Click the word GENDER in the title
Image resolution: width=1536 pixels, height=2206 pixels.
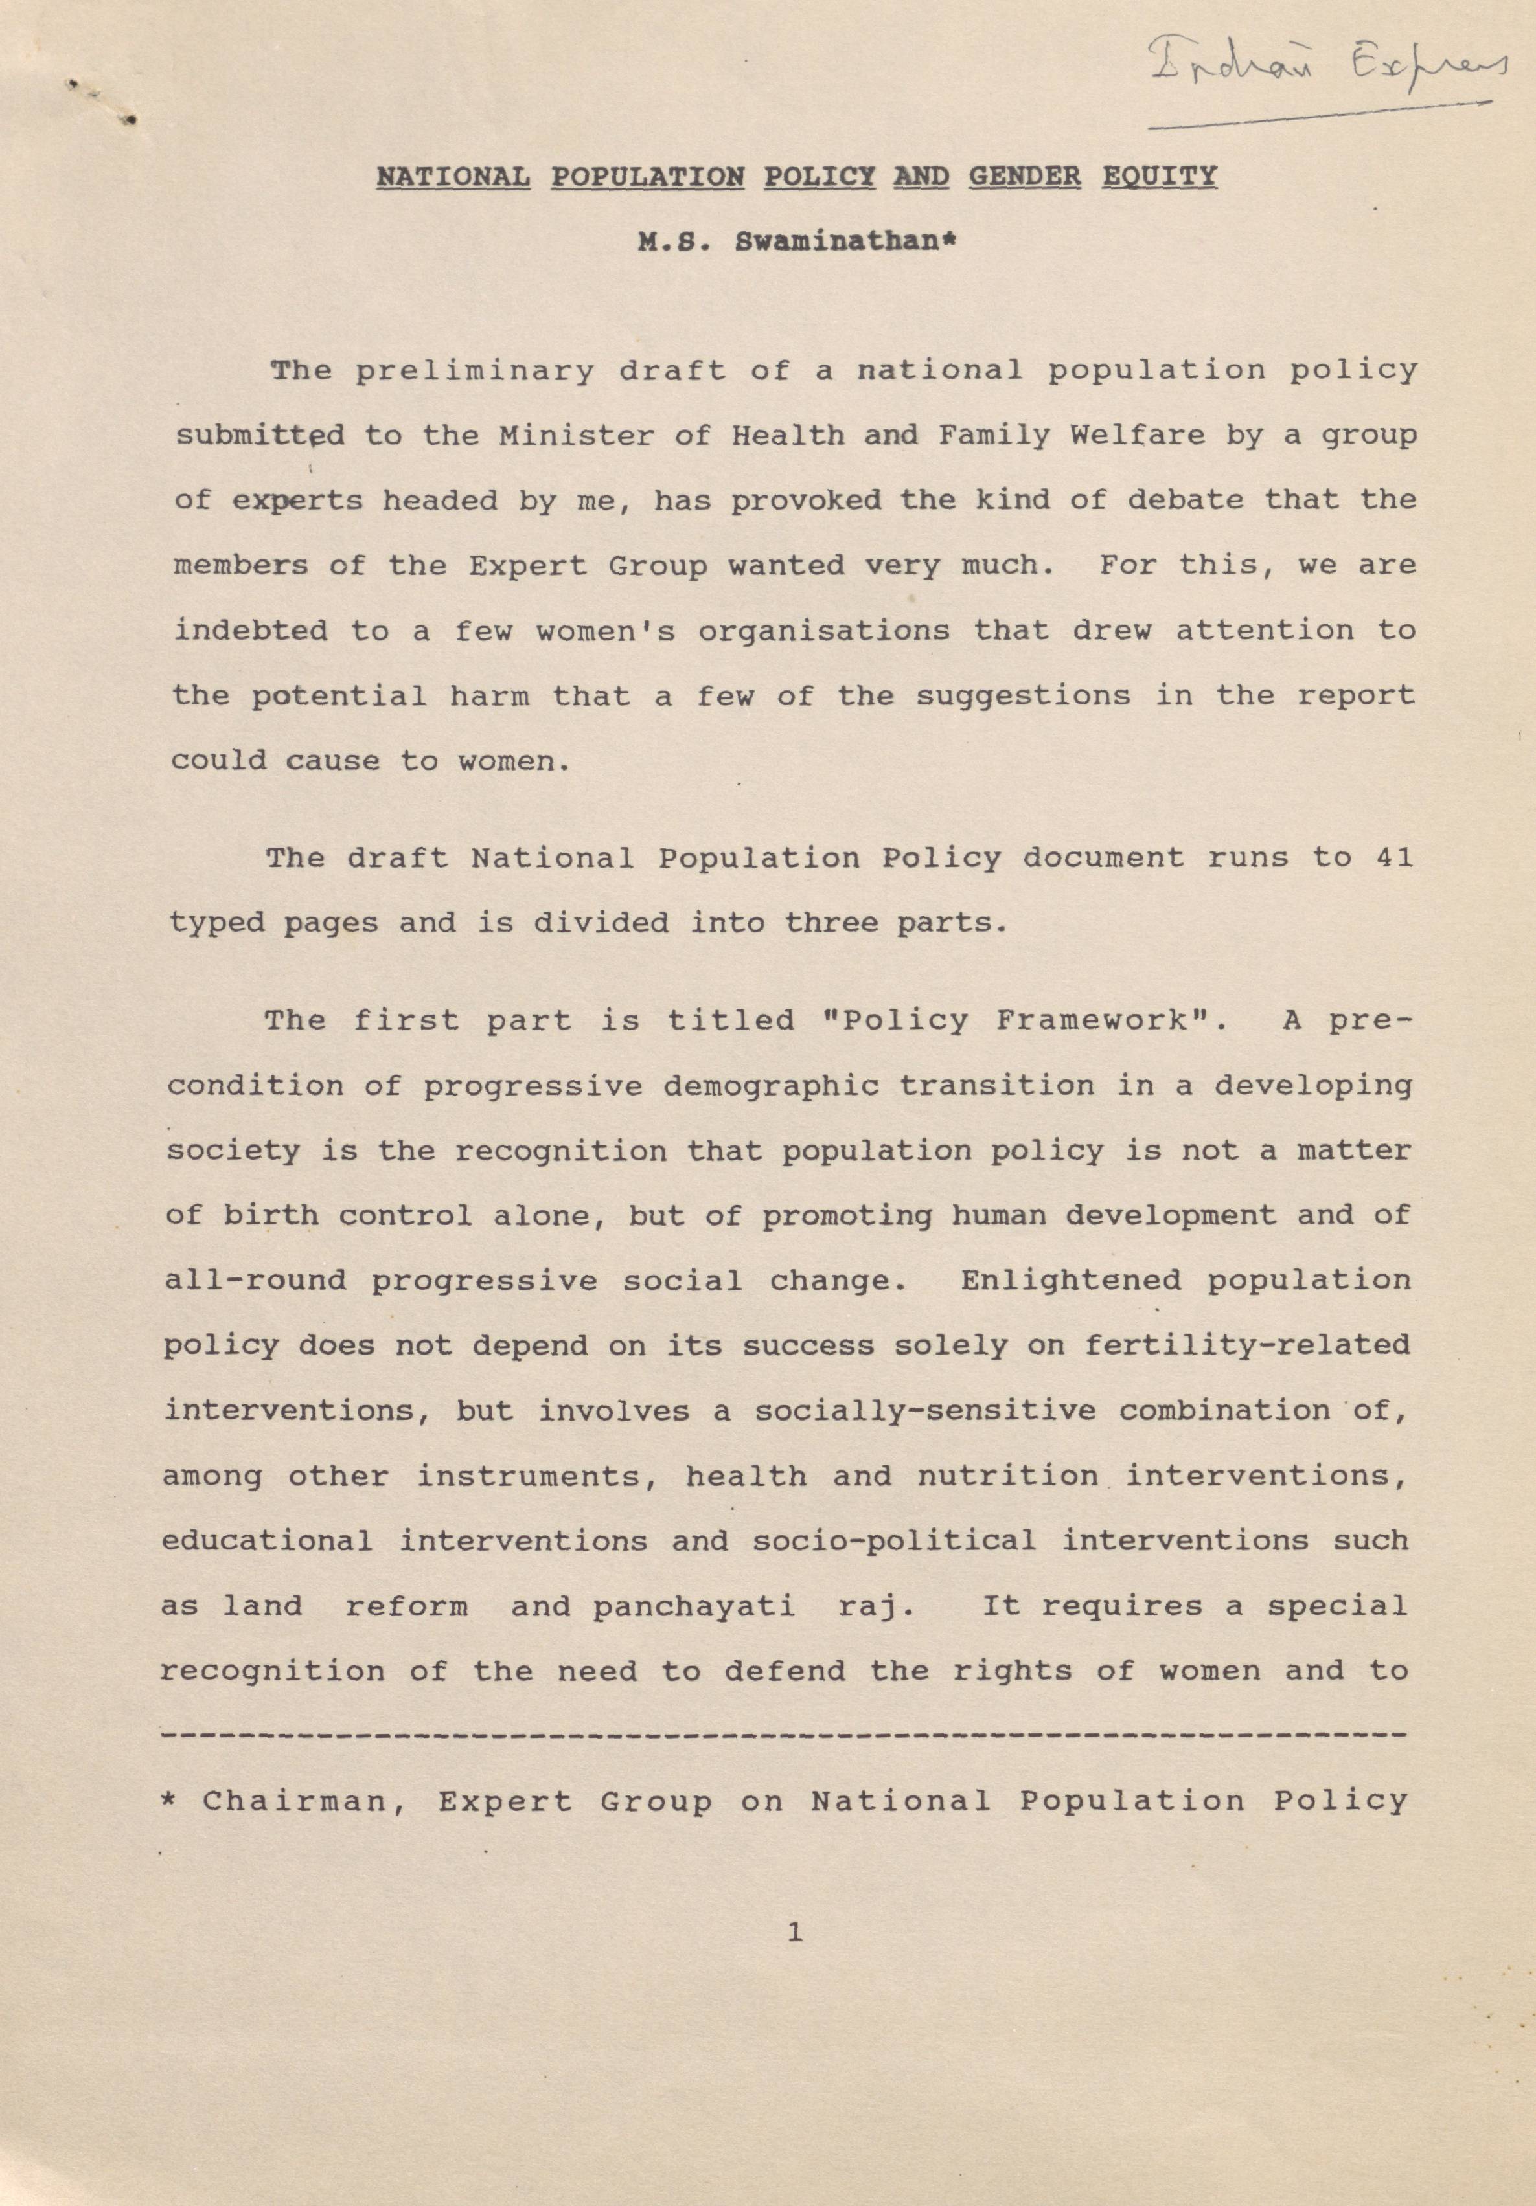(x=1025, y=177)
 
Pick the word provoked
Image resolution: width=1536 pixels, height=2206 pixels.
(x=805, y=501)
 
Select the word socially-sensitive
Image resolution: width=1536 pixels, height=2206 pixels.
(x=924, y=1410)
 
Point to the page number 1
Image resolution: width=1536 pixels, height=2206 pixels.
(x=794, y=1932)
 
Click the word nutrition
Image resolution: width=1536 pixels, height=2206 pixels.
(x=1008, y=1475)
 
